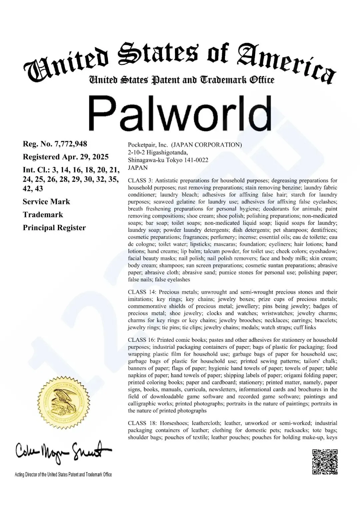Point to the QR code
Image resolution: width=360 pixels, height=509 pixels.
coord(325,462)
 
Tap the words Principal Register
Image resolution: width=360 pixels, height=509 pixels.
coord(54,228)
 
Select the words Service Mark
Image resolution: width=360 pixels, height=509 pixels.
coord(46,202)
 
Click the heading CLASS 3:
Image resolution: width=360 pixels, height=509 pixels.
coord(140,181)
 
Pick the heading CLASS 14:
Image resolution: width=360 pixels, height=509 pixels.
coord(142,292)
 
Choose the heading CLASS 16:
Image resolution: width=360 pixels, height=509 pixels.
coord(142,340)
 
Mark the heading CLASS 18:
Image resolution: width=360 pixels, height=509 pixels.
coord(142,423)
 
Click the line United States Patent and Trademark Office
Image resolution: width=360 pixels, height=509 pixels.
coord(181,80)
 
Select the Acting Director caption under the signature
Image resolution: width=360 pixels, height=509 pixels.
coord(63,475)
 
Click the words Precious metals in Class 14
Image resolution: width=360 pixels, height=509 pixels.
coord(173,292)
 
